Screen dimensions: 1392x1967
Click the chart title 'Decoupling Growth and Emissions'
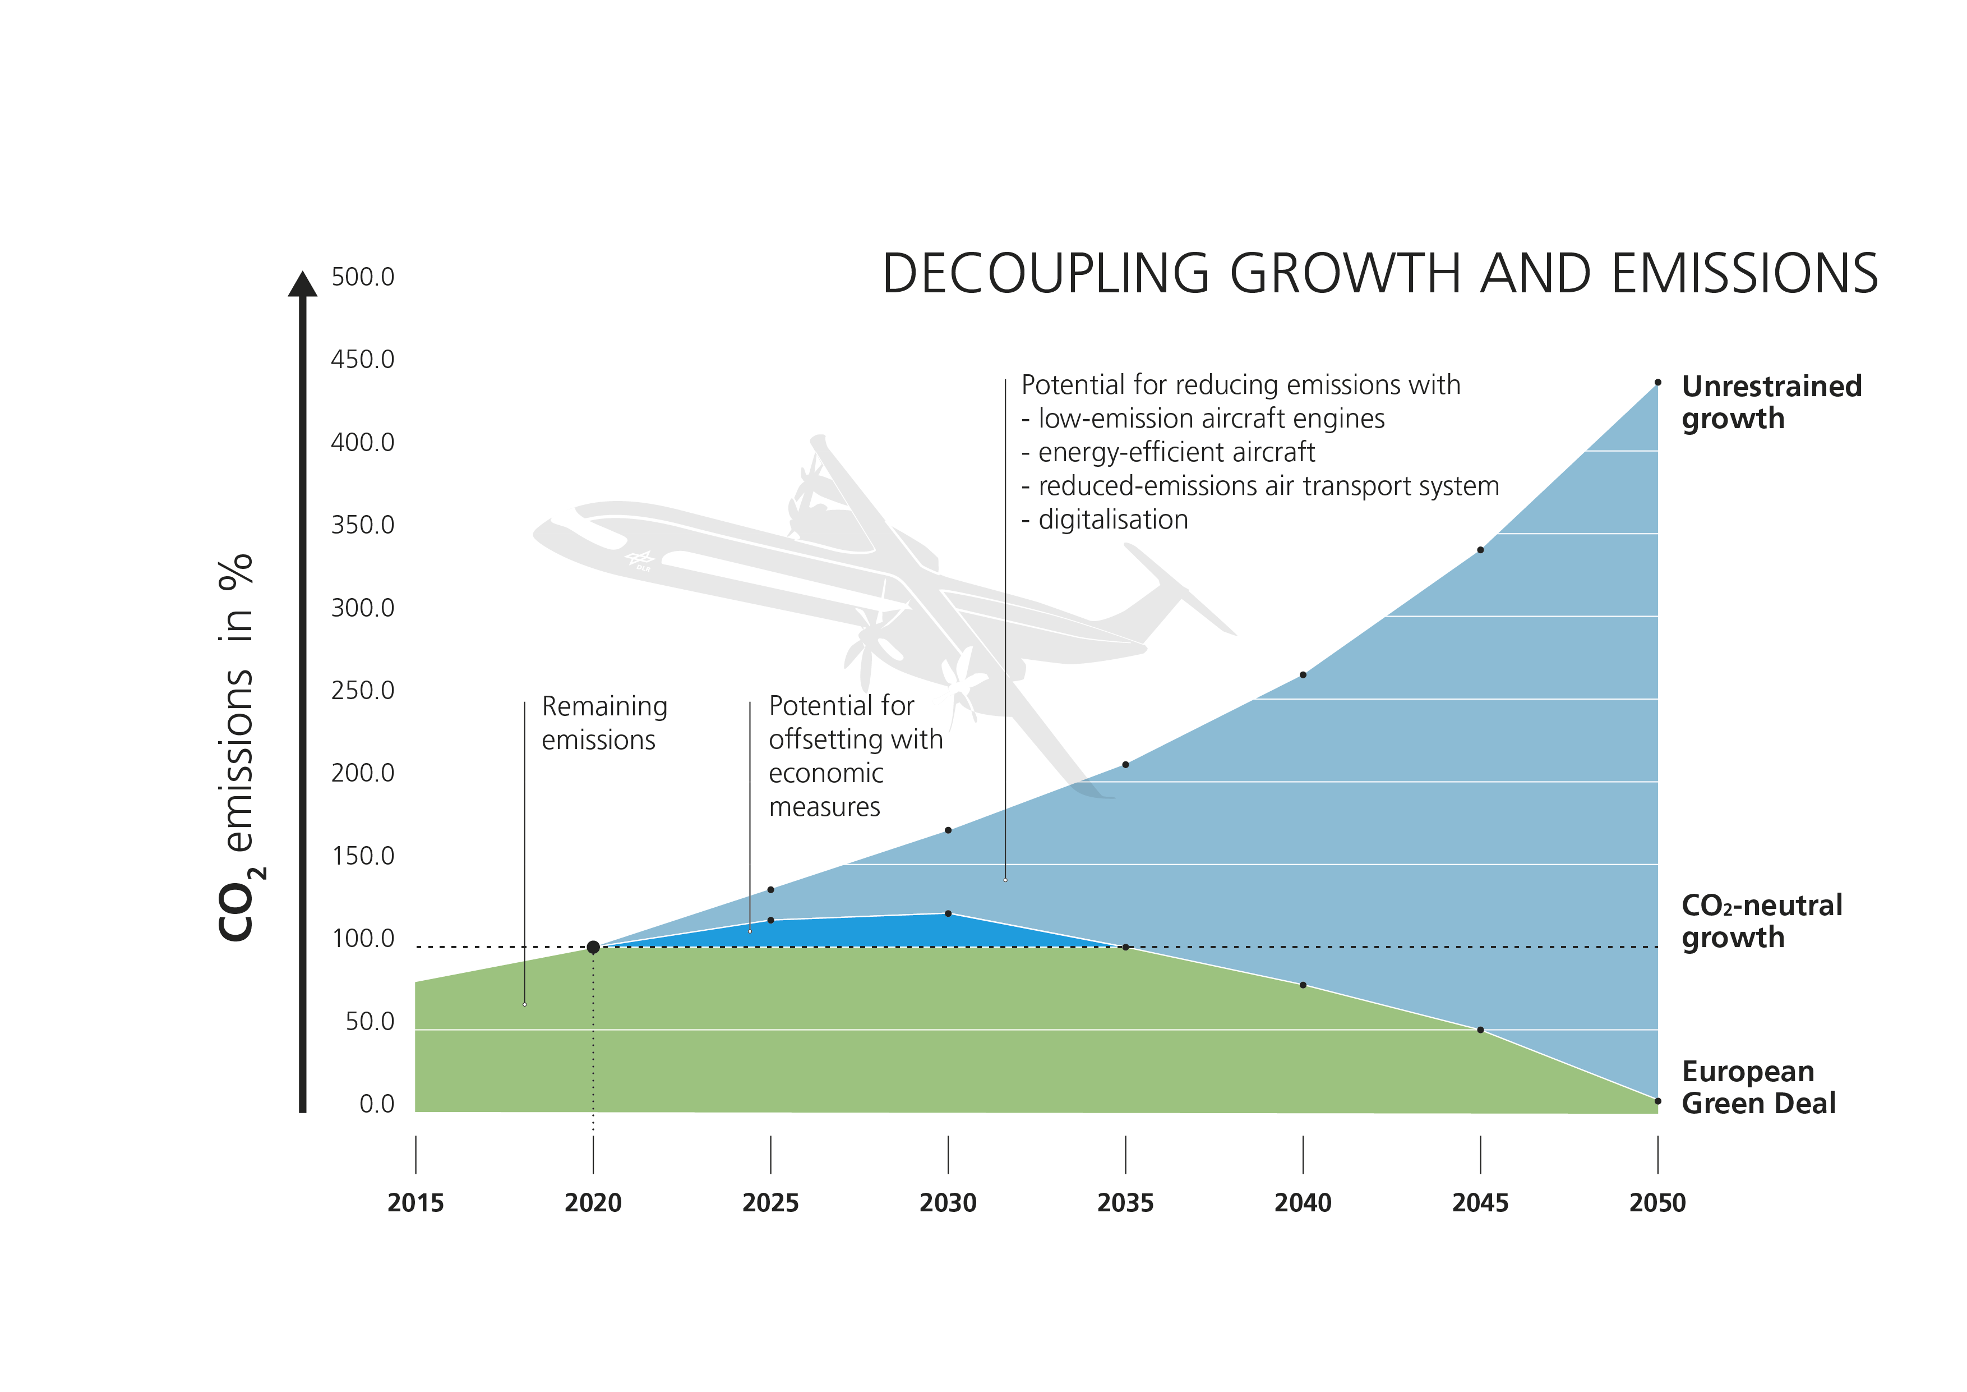(1379, 274)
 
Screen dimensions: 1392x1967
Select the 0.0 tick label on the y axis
(376, 1104)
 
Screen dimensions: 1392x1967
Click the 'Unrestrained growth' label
(1771, 402)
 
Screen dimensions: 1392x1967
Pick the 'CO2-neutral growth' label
(1761, 921)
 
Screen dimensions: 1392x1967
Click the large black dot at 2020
(593, 947)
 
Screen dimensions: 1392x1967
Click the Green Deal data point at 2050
(1657, 1101)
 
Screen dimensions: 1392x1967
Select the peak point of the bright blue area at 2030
(948, 914)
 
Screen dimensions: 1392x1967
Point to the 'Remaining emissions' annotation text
(604, 723)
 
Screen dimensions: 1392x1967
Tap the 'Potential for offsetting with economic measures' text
(855, 756)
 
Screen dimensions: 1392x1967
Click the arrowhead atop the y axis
(302, 284)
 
